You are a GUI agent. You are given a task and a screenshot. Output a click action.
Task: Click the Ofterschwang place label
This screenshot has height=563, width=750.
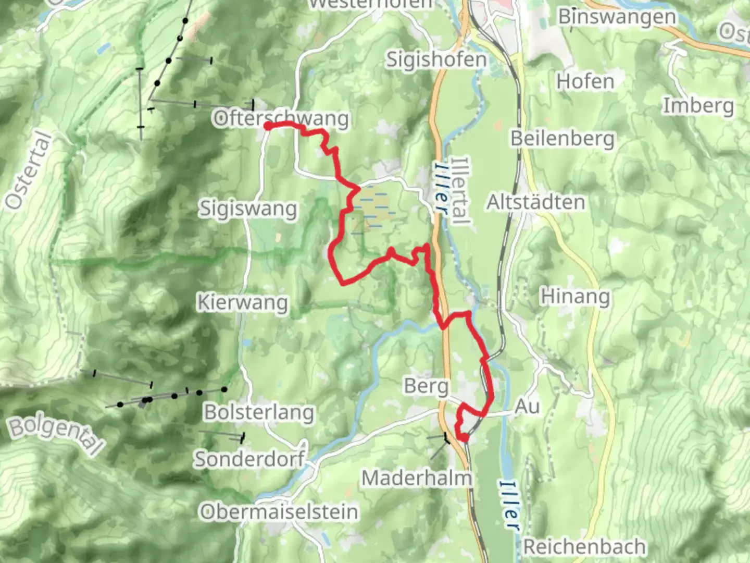pyautogui.click(x=281, y=118)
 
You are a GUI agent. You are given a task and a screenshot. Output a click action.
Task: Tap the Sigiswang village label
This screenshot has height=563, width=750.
pyautogui.click(x=248, y=209)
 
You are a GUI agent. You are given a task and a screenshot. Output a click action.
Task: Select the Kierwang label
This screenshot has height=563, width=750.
pyautogui.click(x=242, y=302)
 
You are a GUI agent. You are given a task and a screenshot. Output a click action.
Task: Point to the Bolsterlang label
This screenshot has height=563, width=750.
pyautogui.click(x=259, y=412)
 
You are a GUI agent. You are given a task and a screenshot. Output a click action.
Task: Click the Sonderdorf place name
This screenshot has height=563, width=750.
pyautogui.click(x=249, y=459)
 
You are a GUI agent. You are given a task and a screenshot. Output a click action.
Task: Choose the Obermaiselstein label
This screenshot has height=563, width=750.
pyautogui.click(x=279, y=512)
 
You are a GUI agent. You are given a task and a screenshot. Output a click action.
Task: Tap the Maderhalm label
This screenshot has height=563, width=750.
pyautogui.click(x=417, y=478)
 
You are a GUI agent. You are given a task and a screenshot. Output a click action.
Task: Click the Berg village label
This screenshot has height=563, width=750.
pyautogui.click(x=426, y=386)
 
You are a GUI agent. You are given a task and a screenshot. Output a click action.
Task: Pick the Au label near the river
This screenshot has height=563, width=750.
pyautogui.click(x=527, y=407)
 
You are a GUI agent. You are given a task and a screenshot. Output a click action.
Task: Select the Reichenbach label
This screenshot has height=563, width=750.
pyautogui.click(x=584, y=547)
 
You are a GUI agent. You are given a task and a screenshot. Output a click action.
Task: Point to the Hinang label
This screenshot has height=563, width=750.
pyautogui.click(x=575, y=296)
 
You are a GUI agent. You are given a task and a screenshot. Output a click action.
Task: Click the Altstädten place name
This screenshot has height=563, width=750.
pyautogui.click(x=535, y=202)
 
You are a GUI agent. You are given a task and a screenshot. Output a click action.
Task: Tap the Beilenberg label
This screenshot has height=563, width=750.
pyautogui.click(x=562, y=139)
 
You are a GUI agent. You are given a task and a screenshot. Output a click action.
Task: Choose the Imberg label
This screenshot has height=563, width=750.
pyautogui.click(x=698, y=106)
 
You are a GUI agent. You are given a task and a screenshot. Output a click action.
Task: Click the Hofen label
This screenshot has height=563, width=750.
pyautogui.click(x=585, y=81)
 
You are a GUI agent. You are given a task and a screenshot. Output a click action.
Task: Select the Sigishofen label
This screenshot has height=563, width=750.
pyautogui.click(x=436, y=59)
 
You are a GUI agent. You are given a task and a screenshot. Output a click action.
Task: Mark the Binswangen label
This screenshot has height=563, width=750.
pyautogui.click(x=617, y=17)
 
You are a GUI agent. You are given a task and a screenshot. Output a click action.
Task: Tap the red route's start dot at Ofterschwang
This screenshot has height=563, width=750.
pyautogui.click(x=267, y=126)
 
